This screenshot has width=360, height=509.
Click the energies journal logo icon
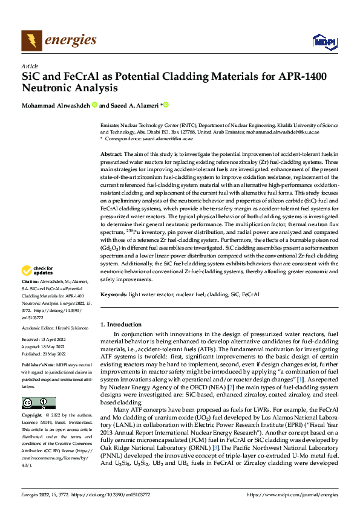(31, 41)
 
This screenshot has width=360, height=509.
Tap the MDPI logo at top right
(323, 41)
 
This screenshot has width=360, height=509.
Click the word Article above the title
(30, 66)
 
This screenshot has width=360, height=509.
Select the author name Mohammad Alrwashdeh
(54, 105)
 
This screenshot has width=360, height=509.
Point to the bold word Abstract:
(111, 155)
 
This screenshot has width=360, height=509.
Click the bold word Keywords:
(114, 294)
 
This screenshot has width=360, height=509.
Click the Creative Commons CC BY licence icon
(38, 403)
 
